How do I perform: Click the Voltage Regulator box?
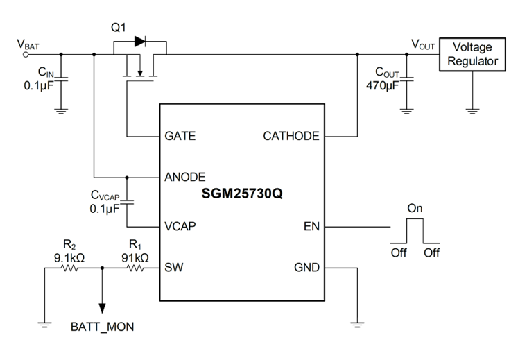click(472, 54)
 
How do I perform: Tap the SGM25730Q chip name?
click(242, 194)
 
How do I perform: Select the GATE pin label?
click(180, 136)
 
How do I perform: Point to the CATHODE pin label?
click(291, 136)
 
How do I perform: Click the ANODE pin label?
click(185, 177)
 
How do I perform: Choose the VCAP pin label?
click(180, 226)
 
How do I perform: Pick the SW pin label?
click(174, 267)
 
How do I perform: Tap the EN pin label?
click(311, 226)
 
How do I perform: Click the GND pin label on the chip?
click(307, 267)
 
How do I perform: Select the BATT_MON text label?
click(102, 327)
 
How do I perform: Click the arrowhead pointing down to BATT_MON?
click(102, 308)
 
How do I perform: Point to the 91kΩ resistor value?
click(135, 258)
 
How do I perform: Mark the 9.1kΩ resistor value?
click(69, 258)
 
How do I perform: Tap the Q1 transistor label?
click(119, 27)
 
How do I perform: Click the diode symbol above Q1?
click(140, 42)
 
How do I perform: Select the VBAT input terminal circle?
click(26, 55)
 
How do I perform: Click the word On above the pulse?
click(415, 208)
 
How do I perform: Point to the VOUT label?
click(423, 44)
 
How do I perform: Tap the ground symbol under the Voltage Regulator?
click(472, 111)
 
